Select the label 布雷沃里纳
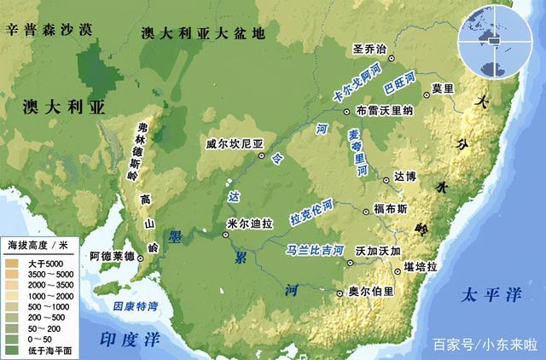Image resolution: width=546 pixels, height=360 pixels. point(385,111)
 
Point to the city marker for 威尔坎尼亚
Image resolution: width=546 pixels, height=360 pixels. point(261,157)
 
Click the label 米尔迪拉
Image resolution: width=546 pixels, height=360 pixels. point(251,224)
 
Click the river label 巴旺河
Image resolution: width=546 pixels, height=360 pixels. point(398,84)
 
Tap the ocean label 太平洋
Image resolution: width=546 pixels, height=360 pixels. point(491,295)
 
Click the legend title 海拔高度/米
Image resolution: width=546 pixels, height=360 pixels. point(38,246)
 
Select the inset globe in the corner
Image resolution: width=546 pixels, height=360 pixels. point(494,38)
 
